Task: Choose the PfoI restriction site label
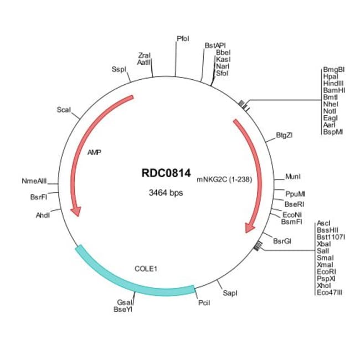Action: (x=183, y=39)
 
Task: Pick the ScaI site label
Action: (x=64, y=110)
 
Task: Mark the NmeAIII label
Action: (x=35, y=181)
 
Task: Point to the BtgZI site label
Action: (x=284, y=135)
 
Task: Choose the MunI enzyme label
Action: (x=292, y=177)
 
